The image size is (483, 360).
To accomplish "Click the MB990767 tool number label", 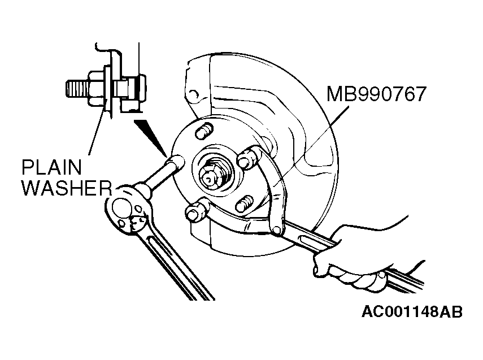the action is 376,94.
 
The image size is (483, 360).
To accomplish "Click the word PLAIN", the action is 52,168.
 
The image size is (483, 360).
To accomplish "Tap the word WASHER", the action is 67,188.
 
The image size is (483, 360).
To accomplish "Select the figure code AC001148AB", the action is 412,311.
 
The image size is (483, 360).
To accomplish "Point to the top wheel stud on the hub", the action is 203,131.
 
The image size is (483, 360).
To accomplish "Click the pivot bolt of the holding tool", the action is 276,229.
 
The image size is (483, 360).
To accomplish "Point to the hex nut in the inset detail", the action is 97,88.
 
